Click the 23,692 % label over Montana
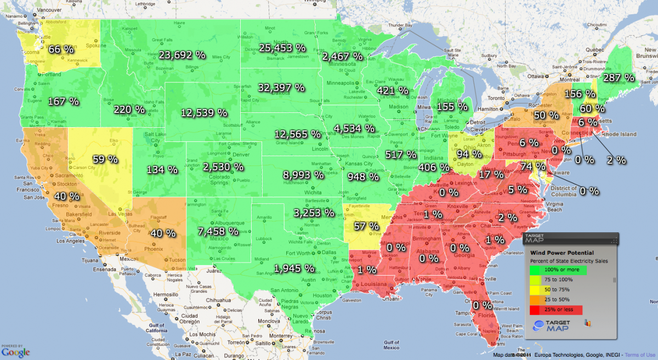(182, 55)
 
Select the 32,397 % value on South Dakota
(281, 87)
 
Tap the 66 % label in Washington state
(61, 49)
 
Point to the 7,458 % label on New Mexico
(218, 231)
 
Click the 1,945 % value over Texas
(294, 268)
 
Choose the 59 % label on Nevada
(105, 159)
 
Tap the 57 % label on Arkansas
(366, 226)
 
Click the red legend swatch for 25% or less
(557, 311)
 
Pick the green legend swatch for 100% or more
(557, 270)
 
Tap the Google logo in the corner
(15, 352)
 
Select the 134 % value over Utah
(162, 170)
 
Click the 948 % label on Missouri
(362, 177)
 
